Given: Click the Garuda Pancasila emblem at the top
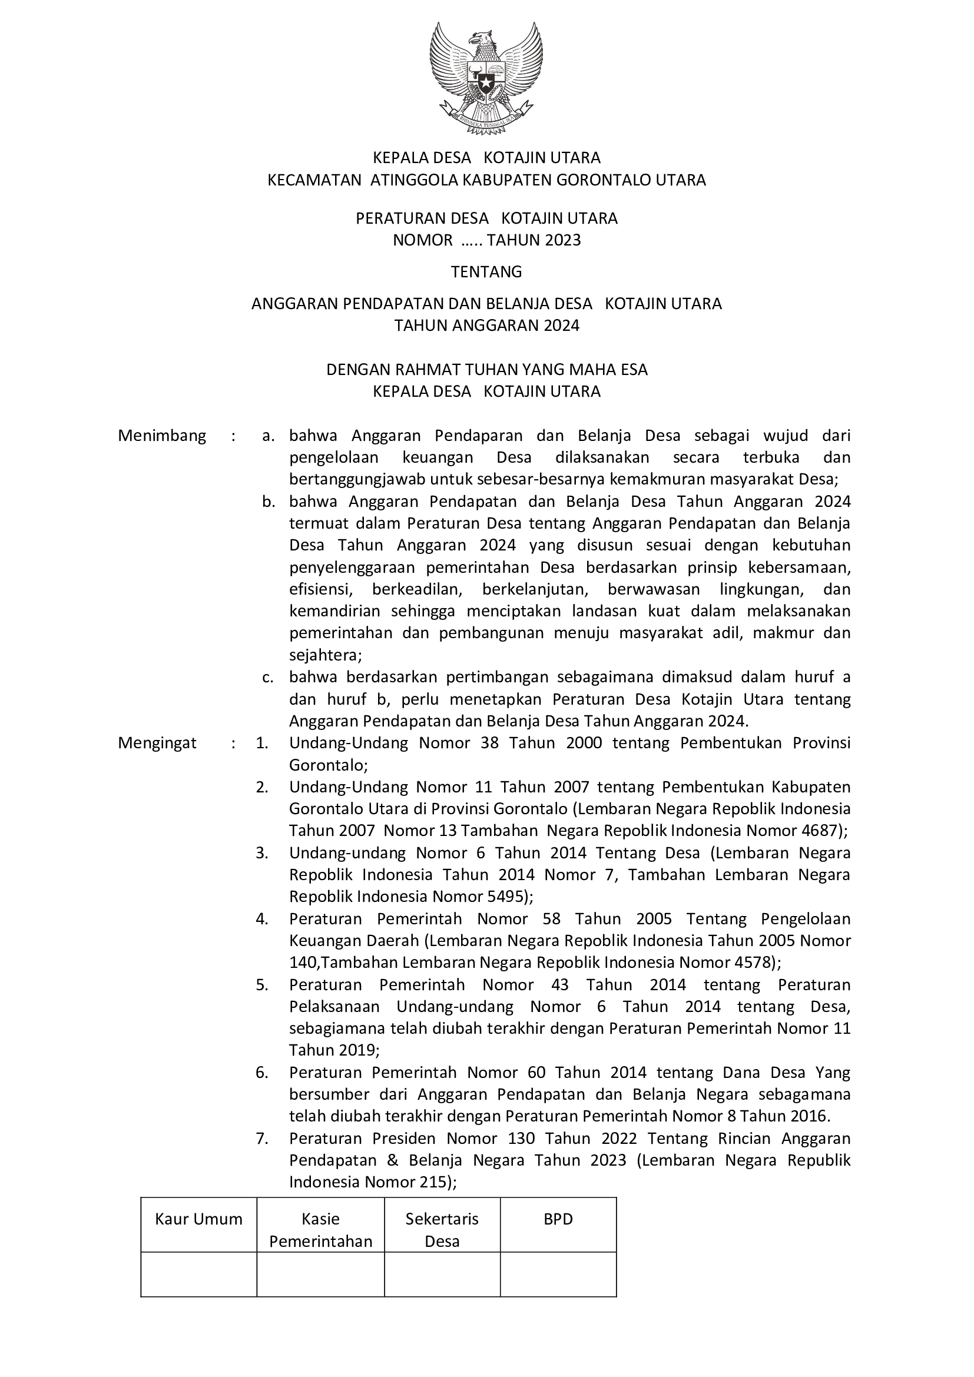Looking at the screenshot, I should coord(486,78).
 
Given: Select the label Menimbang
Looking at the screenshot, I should coord(162,436).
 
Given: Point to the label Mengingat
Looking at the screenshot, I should coord(157,743).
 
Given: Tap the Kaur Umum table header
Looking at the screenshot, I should coord(198,1219).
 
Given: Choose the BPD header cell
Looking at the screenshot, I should coord(558,1219).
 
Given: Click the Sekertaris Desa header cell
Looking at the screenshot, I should coord(442,1230).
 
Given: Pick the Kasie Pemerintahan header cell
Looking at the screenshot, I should coord(320,1230).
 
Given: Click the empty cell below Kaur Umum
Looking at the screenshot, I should coord(198,1275).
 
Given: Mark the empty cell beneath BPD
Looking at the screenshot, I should coord(558,1275).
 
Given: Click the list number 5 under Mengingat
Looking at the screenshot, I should coord(261,985).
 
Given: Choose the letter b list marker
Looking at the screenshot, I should coord(268,502).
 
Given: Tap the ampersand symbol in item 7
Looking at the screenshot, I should coord(393,1160).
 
